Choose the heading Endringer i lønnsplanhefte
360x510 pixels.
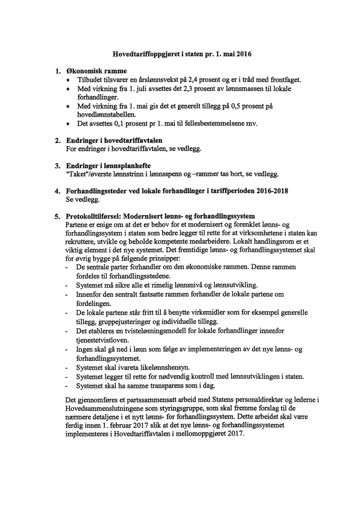[108, 166]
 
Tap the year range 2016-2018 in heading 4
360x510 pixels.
[270, 191]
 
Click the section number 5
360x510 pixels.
[57, 216]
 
